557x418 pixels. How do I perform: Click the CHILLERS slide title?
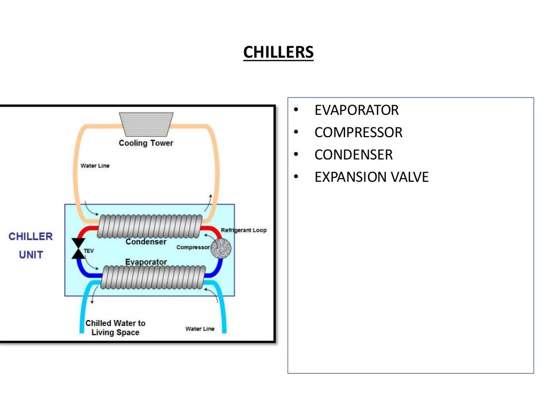point(278,52)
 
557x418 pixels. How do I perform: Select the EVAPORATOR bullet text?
point(356,110)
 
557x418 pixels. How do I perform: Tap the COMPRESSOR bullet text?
point(358,132)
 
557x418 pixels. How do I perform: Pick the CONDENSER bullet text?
point(353,155)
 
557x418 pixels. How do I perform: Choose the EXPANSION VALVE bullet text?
point(372,177)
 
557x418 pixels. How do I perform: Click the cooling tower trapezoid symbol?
point(146,124)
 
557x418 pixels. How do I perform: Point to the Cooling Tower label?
point(146,143)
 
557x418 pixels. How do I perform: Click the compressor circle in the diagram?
point(220,248)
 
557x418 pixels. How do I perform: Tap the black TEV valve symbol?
point(78,248)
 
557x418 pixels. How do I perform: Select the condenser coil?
point(150,225)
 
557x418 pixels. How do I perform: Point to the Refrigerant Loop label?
point(244,230)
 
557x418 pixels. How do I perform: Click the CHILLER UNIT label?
point(31,245)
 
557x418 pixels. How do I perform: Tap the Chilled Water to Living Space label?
point(115,328)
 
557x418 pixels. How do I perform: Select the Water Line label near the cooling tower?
point(95,166)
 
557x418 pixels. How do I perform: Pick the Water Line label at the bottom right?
point(200,329)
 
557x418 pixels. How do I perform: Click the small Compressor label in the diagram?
point(193,247)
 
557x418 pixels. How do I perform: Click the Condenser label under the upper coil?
point(146,242)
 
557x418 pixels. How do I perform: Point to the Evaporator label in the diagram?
point(146,262)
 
